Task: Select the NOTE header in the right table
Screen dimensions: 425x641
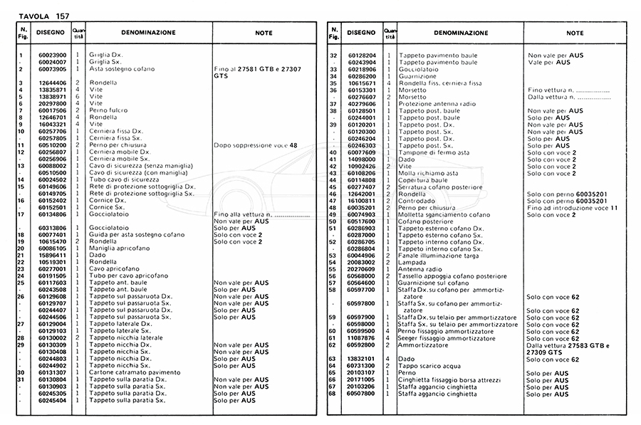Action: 575,33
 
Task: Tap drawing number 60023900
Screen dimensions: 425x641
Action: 52,55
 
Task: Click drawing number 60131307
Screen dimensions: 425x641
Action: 52,372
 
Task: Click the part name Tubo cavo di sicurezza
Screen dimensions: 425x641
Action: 123,179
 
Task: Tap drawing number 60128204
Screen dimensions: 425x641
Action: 363,55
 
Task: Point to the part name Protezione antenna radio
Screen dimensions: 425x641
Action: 437,104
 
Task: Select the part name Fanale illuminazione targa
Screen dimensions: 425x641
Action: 439,256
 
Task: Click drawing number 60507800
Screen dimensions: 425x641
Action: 363,393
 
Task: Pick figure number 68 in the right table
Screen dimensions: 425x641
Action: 333,393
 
